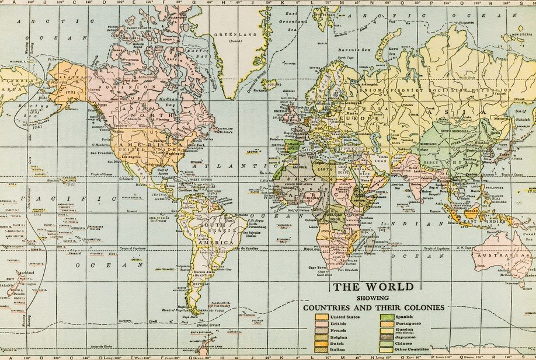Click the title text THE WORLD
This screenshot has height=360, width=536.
click(373, 286)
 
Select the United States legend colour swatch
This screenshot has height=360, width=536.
click(322, 317)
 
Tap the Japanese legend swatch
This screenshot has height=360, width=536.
click(386, 337)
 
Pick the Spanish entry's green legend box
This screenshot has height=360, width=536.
click(386, 317)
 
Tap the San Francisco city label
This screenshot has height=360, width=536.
click(102, 153)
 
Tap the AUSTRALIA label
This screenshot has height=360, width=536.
click(495, 256)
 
